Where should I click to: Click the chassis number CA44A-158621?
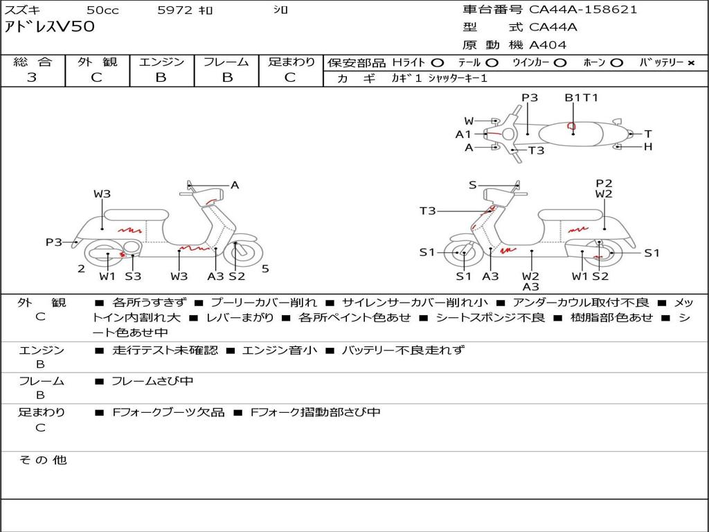click(583, 10)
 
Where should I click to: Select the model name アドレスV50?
click(50, 28)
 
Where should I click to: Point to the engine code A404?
click(548, 45)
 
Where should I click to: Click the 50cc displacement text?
click(102, 10)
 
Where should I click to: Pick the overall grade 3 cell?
click(32, 78)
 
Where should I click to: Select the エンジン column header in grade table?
click(161, 62)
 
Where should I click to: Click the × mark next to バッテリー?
click(690, 63)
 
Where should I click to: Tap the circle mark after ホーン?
click(616, 63)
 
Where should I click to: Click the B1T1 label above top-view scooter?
click(581, 98)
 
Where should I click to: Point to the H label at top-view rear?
click(648, 147)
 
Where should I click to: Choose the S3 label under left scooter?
click(133, 276)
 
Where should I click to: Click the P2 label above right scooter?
click(604, 184)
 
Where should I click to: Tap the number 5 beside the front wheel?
click(265, 269)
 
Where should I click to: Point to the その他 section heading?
click(42, 460)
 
